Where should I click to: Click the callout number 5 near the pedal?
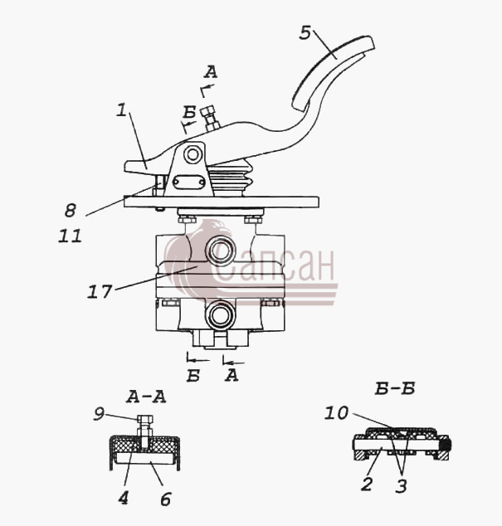(x=305, y=33)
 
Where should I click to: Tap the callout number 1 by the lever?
(x=121, y=110)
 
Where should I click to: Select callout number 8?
(x=71, y=211)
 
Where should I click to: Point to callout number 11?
(x=70, y=236)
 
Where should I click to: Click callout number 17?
(x=100, y=291)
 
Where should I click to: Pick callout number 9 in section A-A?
(x=99, y=414)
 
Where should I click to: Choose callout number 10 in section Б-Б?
(x=336, y=413)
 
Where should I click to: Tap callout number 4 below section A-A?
(x=123, y=498)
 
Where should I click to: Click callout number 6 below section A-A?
(x=166, y=499)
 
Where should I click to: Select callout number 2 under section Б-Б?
(x=367, y=484)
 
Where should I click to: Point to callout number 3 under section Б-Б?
(x=401, y=485)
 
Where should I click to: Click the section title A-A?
(x=146, y=397)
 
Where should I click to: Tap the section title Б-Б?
(x=395, y=388)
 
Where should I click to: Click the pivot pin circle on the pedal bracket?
(x=193, y=154)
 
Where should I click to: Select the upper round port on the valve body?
(x=220, y=251)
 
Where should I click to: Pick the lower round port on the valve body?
(x=220, y=315)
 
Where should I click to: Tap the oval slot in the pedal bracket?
(x=189, y=183)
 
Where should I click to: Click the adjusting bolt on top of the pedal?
(x=210, y=118)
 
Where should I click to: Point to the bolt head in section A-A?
(x=145, y=419)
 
